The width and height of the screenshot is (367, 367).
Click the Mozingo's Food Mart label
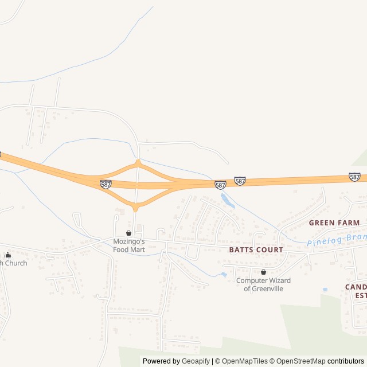point(129,245)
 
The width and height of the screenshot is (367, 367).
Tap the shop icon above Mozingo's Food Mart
point(128,233)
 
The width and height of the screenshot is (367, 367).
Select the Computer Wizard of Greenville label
point(263,284)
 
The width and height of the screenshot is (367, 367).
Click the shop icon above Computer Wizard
point(263,272)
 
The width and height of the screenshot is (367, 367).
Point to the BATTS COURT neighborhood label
point(256,250)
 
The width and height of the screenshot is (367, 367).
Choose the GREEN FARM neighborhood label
point(334,222)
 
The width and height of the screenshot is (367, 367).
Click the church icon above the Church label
point(7,255)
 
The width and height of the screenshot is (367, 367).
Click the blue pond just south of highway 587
point(228,200)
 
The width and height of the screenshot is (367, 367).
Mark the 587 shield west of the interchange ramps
point(106,184)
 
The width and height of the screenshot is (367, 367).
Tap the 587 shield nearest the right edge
point(355,177)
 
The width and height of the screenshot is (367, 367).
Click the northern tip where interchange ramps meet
point(138,162)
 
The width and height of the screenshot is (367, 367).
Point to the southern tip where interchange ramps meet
point(136,208)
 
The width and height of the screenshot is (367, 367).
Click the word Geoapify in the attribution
point(196,361)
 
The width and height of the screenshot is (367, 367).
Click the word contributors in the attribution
point(346,361)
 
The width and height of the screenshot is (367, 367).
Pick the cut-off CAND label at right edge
point(356,287)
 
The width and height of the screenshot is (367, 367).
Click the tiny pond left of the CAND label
point(325,290)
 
